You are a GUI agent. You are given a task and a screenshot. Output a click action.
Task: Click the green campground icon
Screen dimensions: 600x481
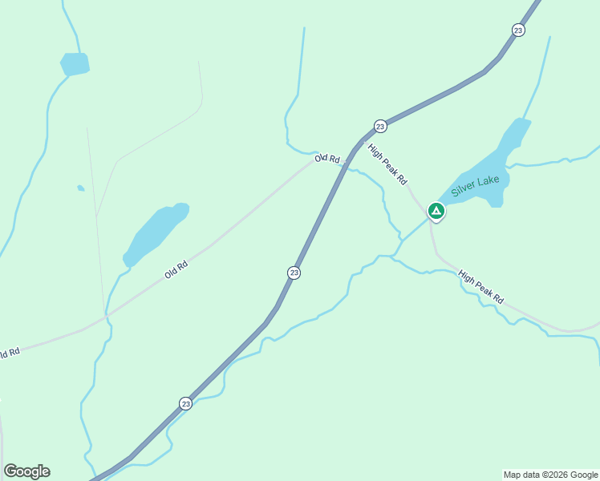[436, 211]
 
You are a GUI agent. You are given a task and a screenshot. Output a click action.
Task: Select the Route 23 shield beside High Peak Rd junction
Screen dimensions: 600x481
[380, 126]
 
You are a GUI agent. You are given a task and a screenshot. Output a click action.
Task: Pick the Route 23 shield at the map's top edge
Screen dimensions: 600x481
[518, 30]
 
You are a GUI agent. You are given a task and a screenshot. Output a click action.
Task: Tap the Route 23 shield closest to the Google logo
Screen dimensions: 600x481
[185, 402]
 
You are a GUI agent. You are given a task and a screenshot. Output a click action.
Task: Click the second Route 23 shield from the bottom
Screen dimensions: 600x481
[294, 273]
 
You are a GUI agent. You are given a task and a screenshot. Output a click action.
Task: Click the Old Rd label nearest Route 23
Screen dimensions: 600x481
[327, 159]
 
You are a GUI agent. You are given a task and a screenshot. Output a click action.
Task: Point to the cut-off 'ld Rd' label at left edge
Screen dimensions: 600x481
[9, 353]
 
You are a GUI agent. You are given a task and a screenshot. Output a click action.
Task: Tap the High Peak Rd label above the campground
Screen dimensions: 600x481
[387, 164]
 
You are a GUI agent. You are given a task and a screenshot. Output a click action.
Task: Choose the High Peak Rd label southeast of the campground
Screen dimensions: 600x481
[481, 287]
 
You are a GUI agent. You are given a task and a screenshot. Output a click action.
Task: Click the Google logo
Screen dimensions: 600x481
[26, 471]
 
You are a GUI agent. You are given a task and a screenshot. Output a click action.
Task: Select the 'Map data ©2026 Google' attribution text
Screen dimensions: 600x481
[550, 475]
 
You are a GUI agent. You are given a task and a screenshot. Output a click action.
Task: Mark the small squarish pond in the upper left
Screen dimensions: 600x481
[75, 63]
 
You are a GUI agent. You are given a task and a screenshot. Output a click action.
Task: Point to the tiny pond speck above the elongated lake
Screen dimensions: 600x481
[80, 188]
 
